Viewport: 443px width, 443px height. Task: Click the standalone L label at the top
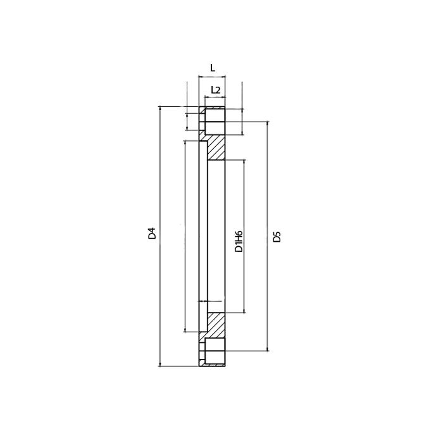pyautogui.click(x=213, y=68)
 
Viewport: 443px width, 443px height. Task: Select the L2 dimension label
pyautogui.click(x=216, y=90)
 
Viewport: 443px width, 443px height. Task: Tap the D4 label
pyautogui.click(x=152, y=233)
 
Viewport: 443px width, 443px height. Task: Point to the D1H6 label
pyautogui.click(x=239, y=241)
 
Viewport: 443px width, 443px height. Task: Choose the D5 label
pyautogui.click(x=277, y=237)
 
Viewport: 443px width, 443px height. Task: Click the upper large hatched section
pyautogui.click(x=216, y=147)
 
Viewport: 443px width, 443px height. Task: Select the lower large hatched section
pyautogui.click(x=216, y=325)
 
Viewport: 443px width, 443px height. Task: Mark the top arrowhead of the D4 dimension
pyautogui.click(x=160, y=109)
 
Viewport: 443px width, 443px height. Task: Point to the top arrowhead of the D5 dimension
pyautogui.click(x=268, y=124)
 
